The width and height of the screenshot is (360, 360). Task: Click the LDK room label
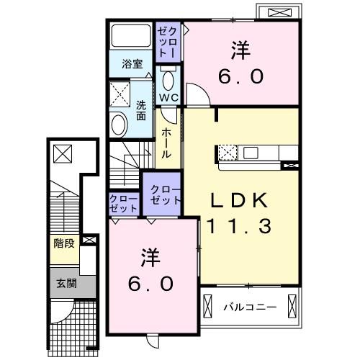[x=240, y=199]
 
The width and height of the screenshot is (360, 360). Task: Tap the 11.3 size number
[x=240, y=226]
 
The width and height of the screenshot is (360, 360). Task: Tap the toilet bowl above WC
[x=169, y=78]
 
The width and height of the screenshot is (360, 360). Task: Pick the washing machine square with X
[x=120, y=94]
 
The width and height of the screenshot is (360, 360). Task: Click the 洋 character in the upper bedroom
[x=240, y=50]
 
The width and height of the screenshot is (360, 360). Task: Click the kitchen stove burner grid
[x=228, y=153]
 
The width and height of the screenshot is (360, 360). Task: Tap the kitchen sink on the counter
[x=251, y=153]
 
